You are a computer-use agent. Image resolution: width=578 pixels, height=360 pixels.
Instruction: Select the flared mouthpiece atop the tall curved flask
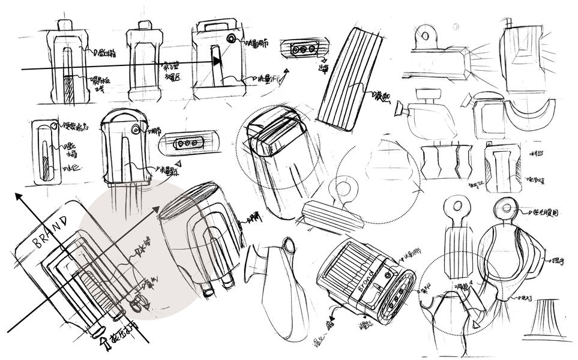(289, 245)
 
